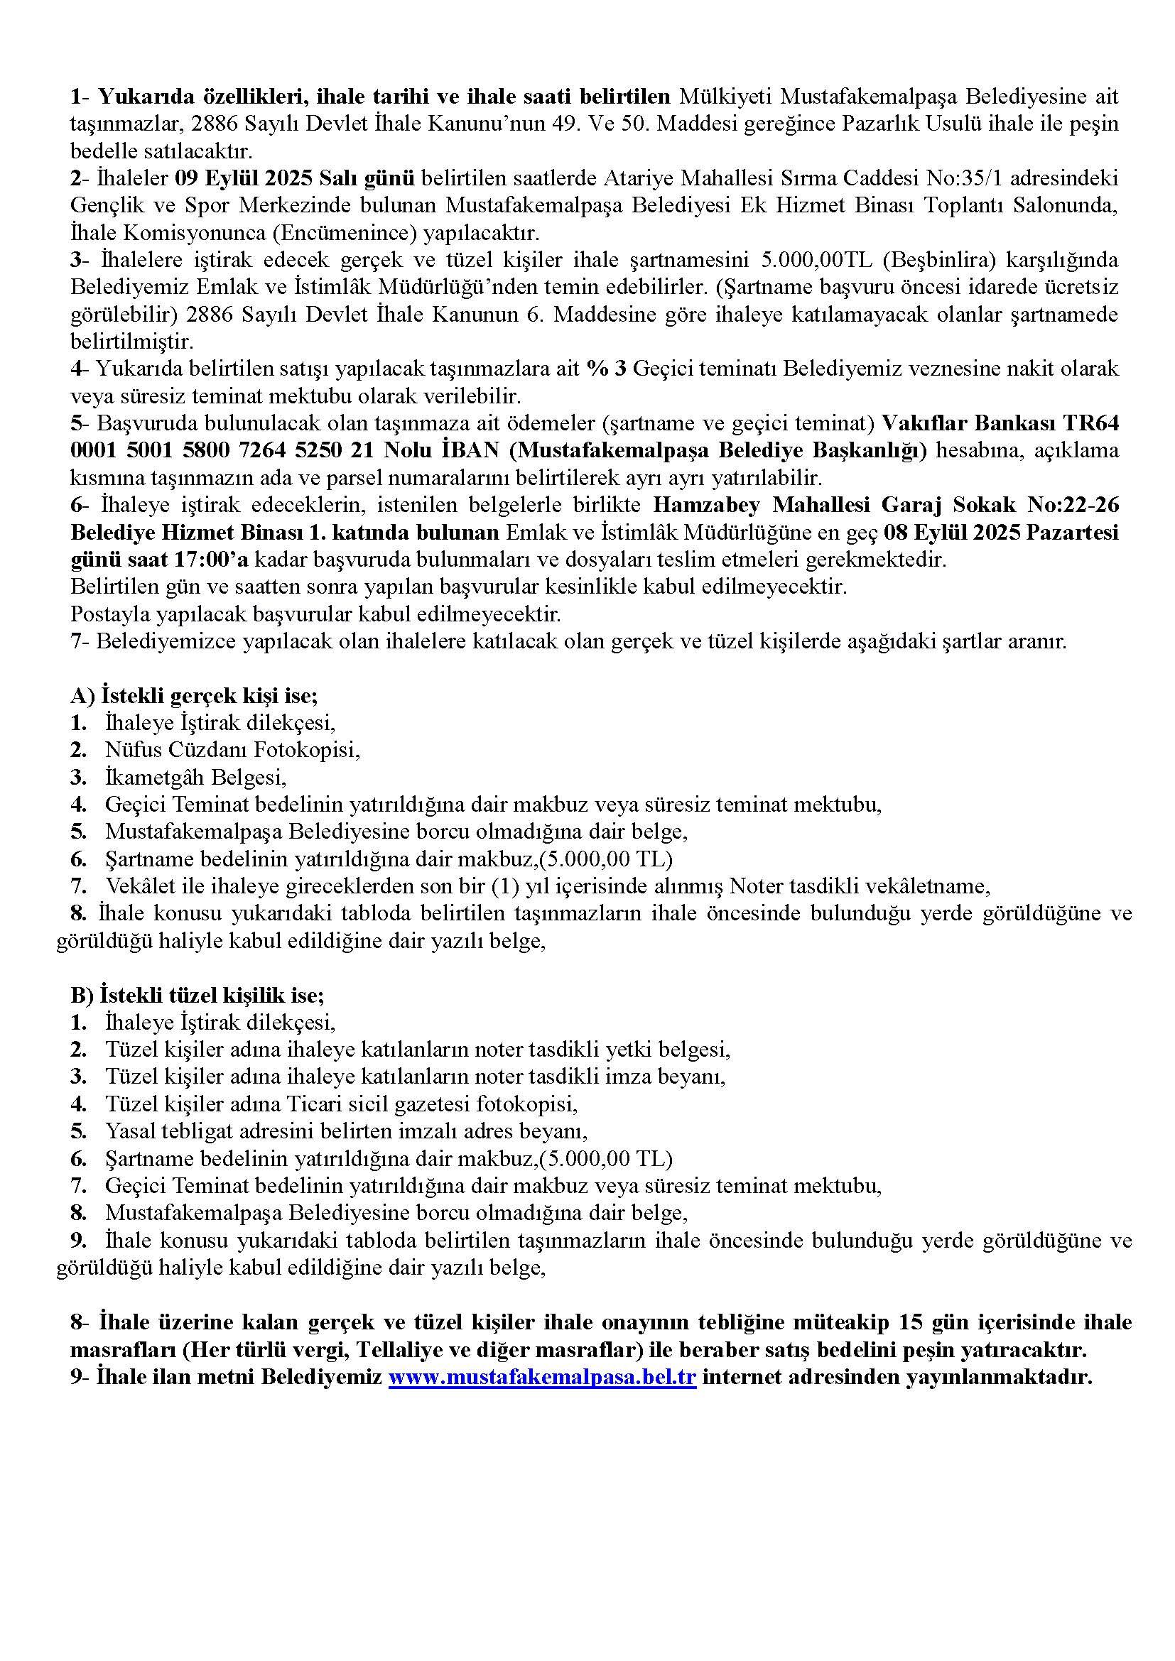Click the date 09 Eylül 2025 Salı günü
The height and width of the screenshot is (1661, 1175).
pyautogui.click(x=296, y=178)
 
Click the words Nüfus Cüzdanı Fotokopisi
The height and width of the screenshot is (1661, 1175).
pyautogui.click(x=232, y=750)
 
